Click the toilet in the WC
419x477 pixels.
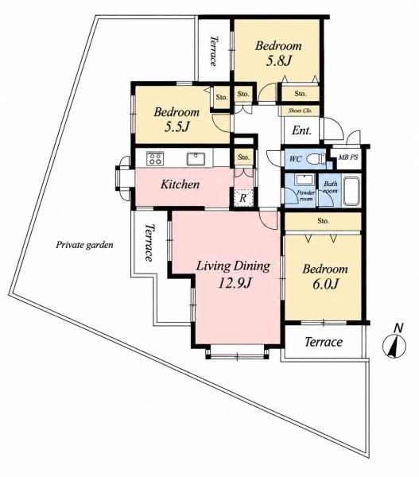[316, 159]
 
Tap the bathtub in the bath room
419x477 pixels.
[351, 191]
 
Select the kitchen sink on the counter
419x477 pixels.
[196, 158]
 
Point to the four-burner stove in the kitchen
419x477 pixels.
[155, 158]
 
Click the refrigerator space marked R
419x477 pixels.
[243, 198]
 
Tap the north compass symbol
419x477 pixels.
[394, 342]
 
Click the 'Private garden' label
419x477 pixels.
[84, 245]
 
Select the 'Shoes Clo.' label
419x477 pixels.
[300, 111]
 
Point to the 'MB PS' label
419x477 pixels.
[348, 157]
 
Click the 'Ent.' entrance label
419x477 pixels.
[301, 131]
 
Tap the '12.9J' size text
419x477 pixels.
[235, 284]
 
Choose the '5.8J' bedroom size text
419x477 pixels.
[279, 61]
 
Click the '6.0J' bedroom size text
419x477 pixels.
[325, 284]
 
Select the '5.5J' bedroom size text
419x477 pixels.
[177, 127]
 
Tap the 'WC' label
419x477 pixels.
[295, 158]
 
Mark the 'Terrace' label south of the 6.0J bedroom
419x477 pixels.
[324, 342]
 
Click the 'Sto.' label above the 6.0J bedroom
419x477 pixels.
[323, 220]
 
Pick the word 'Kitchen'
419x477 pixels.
[180, 184]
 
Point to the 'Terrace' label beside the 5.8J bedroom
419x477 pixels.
[214, 51]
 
